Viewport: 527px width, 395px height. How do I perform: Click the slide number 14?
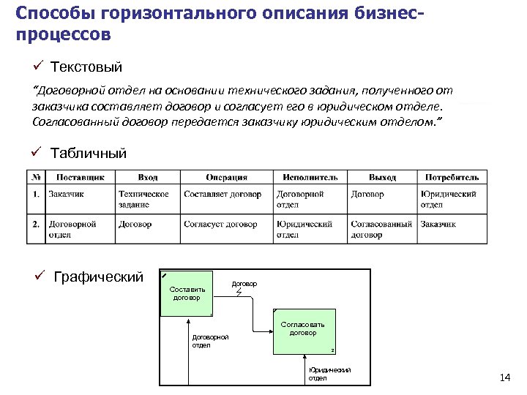point(504,377)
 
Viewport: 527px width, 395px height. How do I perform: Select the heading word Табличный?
point(89,153)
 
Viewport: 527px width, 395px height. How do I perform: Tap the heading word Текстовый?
point(86,68)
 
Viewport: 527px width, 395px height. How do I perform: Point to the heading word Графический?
point(99,276)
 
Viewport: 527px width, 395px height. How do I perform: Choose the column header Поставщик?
point(80,177)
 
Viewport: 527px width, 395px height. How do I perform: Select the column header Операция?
point(226,177)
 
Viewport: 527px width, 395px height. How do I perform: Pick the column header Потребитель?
point(452,177)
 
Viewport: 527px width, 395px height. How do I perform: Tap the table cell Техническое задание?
point(143,199)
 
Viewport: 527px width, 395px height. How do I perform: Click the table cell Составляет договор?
point(223,195)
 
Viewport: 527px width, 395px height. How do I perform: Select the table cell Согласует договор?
point(220,225)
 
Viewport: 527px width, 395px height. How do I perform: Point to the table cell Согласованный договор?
point(381,230)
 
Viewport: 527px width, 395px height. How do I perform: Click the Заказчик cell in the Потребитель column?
point(438,225)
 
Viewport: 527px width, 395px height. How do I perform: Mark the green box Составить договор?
point(186,293)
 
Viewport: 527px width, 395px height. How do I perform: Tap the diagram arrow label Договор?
point(244,282)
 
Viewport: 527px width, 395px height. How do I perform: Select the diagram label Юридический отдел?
point(329,374)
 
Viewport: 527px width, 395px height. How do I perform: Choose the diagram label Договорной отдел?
point(210,341)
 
